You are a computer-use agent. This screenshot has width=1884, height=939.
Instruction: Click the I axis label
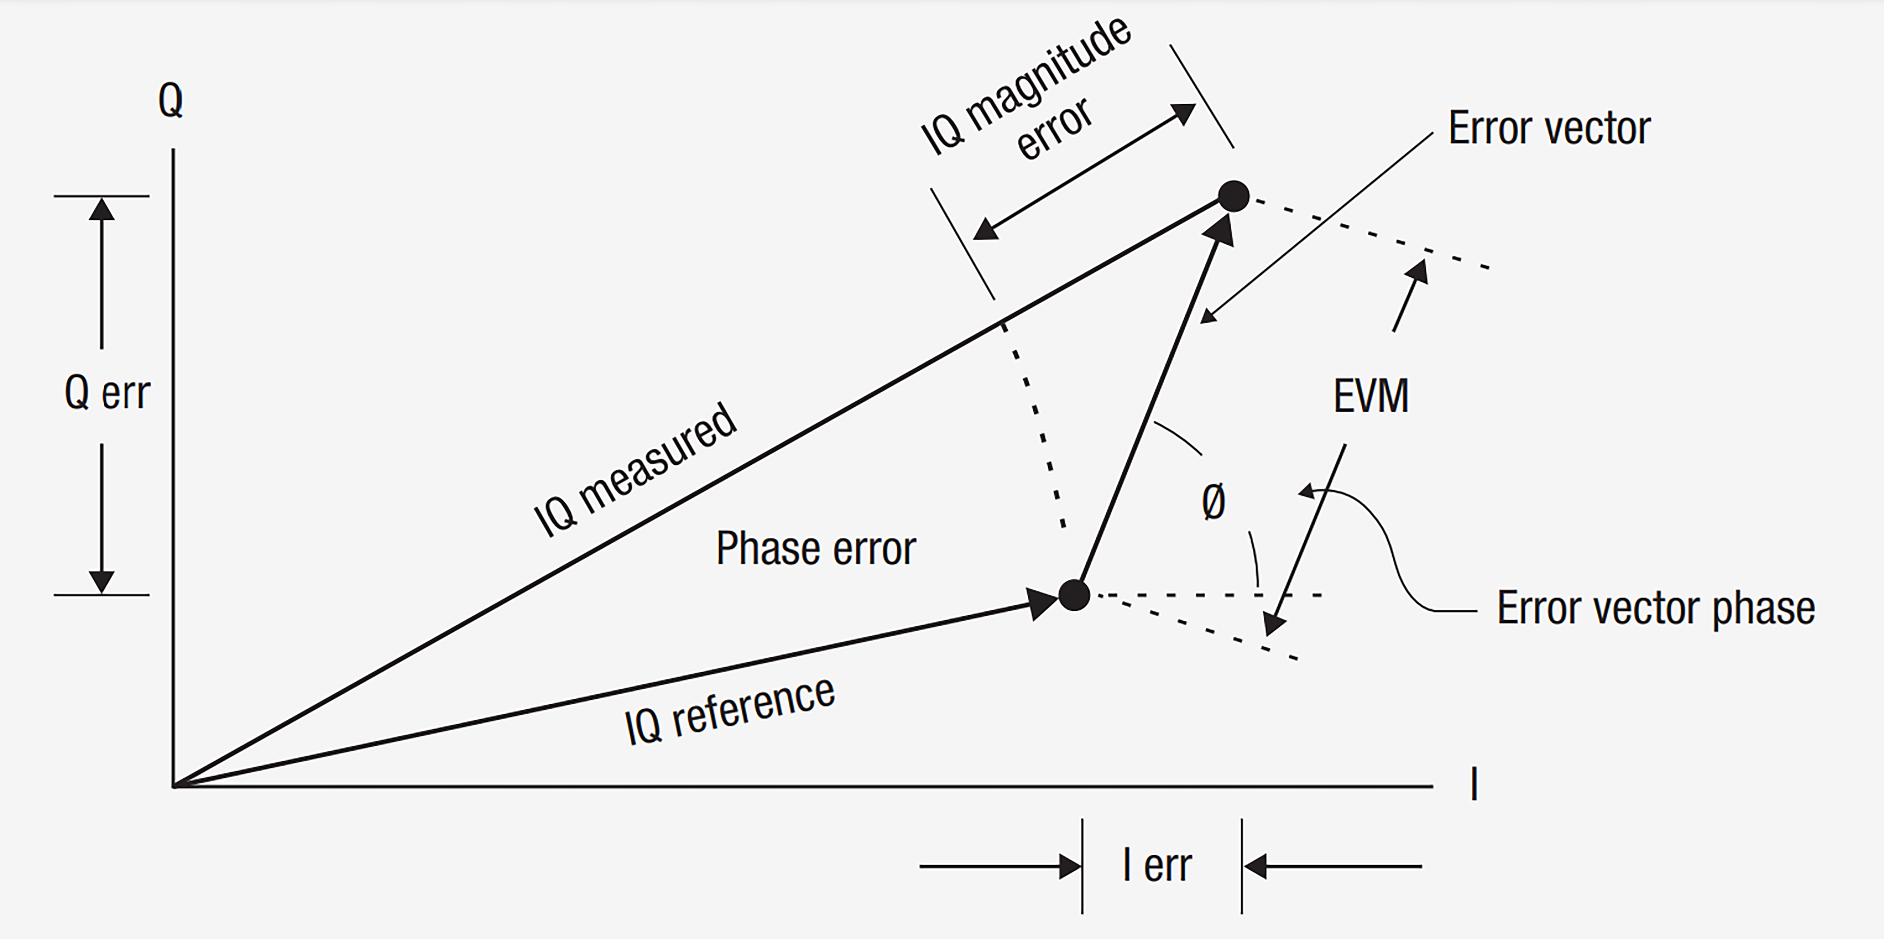[x=1474, y=785]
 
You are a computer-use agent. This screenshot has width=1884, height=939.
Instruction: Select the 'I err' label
[x=1157, y=866]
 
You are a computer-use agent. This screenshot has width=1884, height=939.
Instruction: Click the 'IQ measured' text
[x=635, y=470]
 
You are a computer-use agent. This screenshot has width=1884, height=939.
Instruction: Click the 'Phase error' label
[x=816, y=549]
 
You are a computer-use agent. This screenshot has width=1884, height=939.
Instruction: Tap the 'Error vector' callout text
[x=1549, y=129]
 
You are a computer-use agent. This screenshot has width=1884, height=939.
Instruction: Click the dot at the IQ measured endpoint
[x=1234, y=196]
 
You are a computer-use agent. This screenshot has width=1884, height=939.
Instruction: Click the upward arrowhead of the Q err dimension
[x=102, y=209]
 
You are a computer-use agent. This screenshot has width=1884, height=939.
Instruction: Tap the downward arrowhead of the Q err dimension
[x=102, y=582]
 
